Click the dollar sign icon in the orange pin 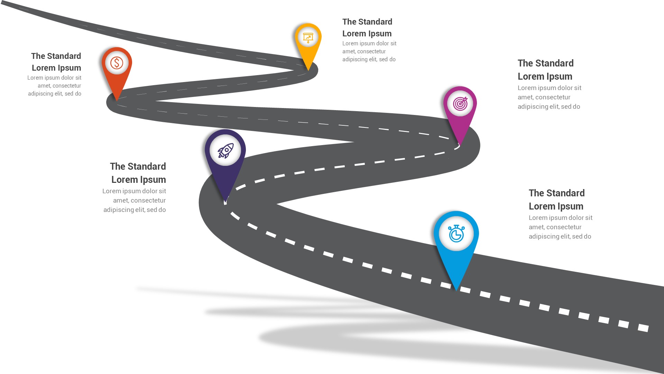coord(117,63)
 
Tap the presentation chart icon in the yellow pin coord(308,37)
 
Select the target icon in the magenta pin coord(460,103)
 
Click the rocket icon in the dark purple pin coord(225,151)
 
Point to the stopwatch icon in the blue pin coord(456,233)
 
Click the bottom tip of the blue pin coord(456,291)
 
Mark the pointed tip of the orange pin coord(117,101)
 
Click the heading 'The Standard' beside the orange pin coord(56,56)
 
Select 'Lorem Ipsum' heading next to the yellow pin coord(367,34)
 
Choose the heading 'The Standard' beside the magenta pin coord(546,63)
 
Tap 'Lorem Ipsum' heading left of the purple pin coord(139,180)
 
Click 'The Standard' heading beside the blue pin coord(557,193)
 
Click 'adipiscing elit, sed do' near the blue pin coord(560,237)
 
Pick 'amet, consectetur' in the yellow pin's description coord(364,52)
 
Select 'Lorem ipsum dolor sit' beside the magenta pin coord(550,88)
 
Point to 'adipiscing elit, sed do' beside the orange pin coord(55,94)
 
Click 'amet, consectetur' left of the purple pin coord(139,201)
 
